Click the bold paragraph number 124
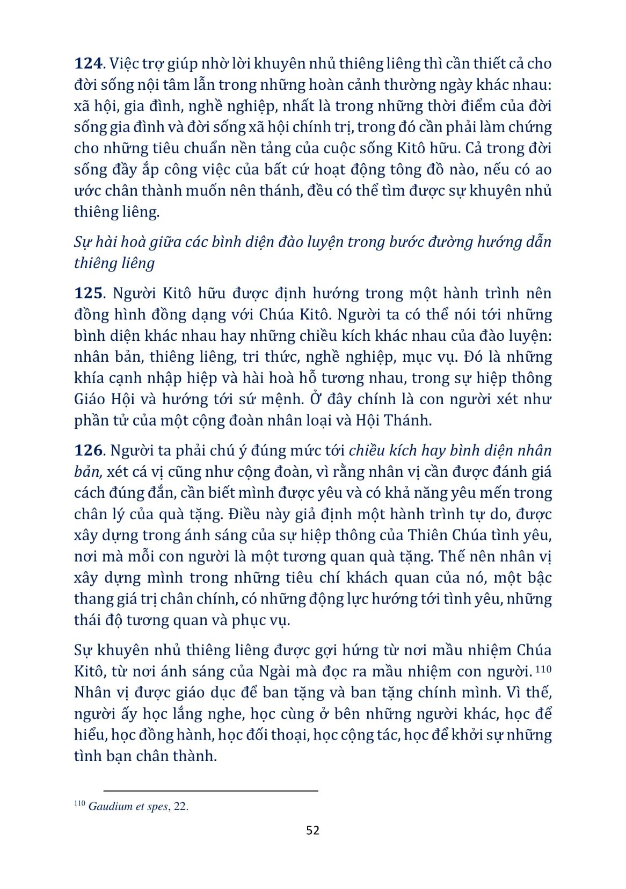(88, 63)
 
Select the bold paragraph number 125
(88, 293)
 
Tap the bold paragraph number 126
(88, 450)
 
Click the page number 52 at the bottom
(312, 830)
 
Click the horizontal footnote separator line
(210, 791)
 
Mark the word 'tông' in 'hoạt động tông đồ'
(415, 170)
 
